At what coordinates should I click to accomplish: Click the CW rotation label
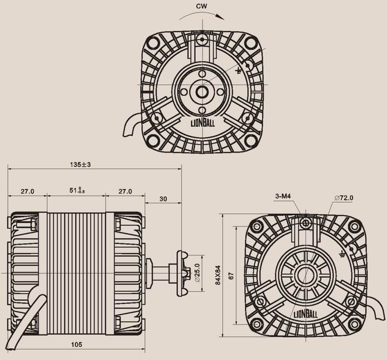[x=202, y=6]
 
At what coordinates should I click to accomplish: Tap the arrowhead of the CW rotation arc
[x=221, y=17]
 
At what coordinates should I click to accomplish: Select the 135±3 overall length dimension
[x=80, y=165]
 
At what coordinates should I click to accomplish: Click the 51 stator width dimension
[x=77, y=191]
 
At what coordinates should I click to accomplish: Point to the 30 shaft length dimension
[x=163, y=199]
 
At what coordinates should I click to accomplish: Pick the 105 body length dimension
[x=77, y=345]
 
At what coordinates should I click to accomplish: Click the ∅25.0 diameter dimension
[x=197, y=273]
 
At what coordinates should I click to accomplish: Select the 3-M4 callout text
[x=283, y=196]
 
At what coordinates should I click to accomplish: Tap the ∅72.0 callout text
[x=344, y=198]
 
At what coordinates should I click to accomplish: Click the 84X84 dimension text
[x=218, y=275]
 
